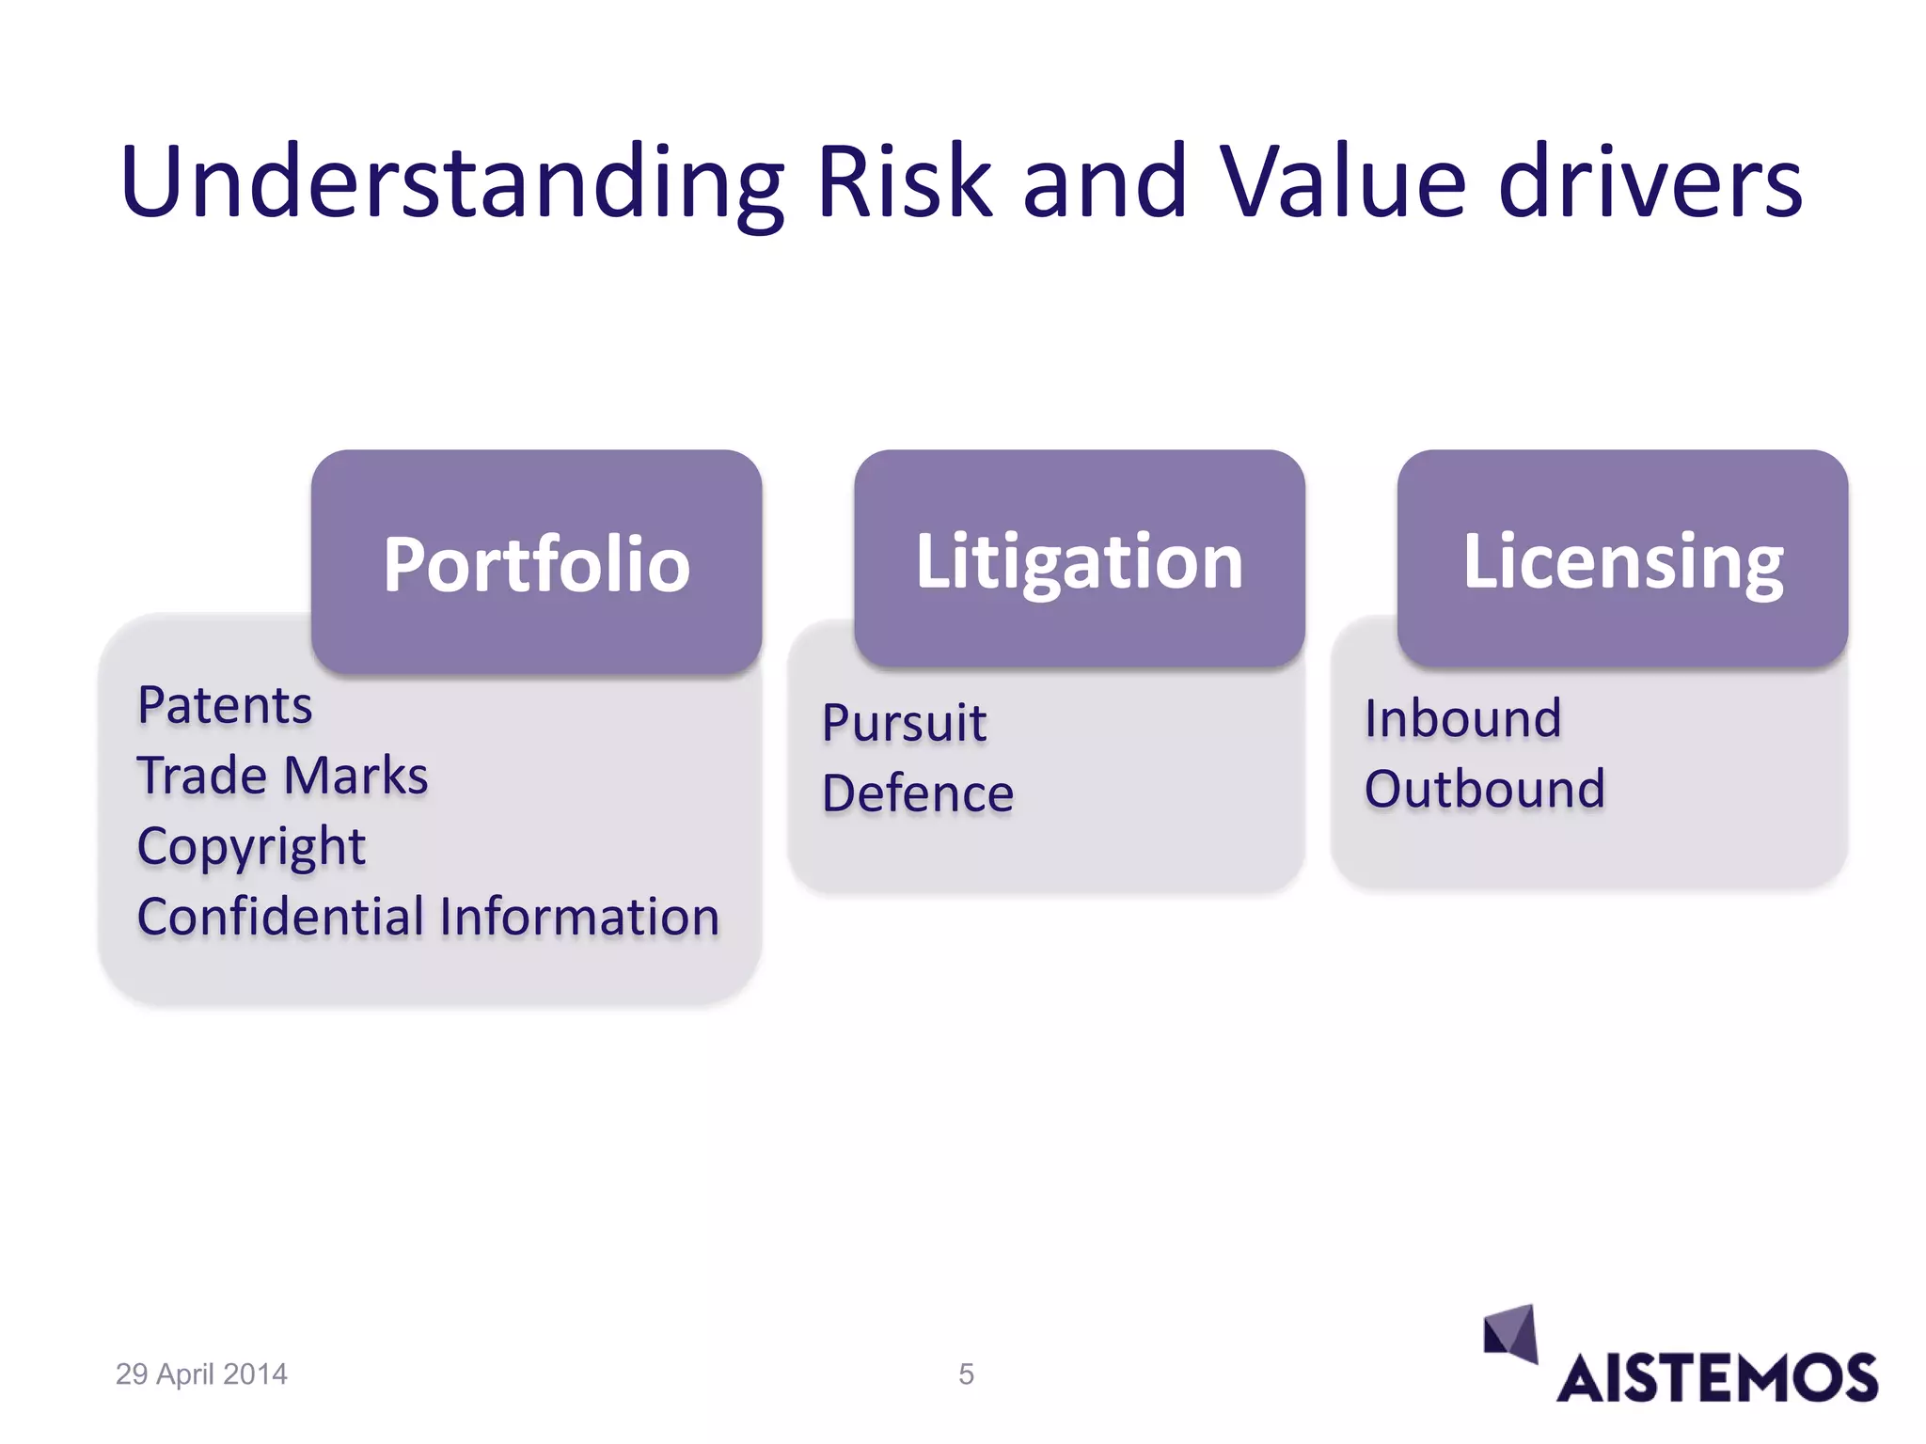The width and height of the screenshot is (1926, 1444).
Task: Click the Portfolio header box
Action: point(536,563)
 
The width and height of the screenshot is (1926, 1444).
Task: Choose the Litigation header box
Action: point(1079,561)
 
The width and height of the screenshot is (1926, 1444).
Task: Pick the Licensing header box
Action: point(1622,561)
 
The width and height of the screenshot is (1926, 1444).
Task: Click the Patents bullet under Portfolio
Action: point(225,705)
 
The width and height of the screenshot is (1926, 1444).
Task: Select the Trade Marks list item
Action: point(282,776)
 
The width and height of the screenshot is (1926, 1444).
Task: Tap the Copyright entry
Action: point(251,846)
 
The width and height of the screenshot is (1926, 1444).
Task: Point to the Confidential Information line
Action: point(428,917)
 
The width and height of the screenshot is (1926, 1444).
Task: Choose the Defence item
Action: point(918,793)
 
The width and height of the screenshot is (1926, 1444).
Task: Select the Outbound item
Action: point(1484,789)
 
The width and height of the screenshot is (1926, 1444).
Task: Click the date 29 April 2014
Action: point(201,1374)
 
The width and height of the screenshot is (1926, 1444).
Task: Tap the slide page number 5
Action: point(966,1374)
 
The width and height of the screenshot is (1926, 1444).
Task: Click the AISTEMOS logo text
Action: point(1716,1378)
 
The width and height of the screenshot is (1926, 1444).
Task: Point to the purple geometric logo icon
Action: point(1510,1332)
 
